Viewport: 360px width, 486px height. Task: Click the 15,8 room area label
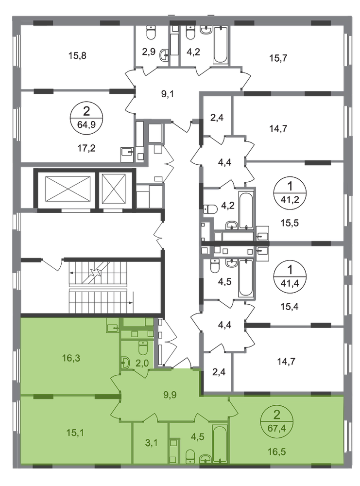pyautogui.click(x=77, y=56)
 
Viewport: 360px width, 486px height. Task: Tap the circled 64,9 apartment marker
pyautogui.click(x=86, y=119)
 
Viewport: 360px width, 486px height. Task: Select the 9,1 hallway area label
pyautogui.click(x=167, y=94)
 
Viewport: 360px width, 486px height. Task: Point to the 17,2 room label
pyautogui.click(x=86, y=148)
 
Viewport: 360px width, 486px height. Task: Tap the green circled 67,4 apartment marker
pyautogui.click(x=277, y=421)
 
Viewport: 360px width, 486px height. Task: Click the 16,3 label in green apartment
pyautogui.click(x=71, y=358)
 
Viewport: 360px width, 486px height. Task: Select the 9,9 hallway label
pyautogui.click(x=170, y=395)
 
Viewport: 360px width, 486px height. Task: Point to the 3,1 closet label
pyautogui.click(x=152, y=443)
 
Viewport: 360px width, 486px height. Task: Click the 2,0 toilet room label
pyautogui.click(x=142, y=363)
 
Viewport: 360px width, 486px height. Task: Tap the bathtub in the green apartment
pyautogui.click(x=220, y=444)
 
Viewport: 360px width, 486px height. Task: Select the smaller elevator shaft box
pyautogui.click(x=114, y=189)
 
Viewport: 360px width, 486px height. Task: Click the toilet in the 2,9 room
pyautogui.click(x=151, y=32)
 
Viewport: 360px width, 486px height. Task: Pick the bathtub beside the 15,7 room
pyautogui.click(x=221, y=45)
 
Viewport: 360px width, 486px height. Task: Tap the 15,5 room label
pyautogui.click(x=290, y=223)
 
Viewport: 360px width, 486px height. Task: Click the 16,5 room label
pyautogui.click(x=277, y=451)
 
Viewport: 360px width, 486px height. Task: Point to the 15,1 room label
pyautogui.click(x=75, y=433)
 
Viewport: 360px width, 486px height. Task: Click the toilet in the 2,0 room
pyautogui.click(x=143, y=348)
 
